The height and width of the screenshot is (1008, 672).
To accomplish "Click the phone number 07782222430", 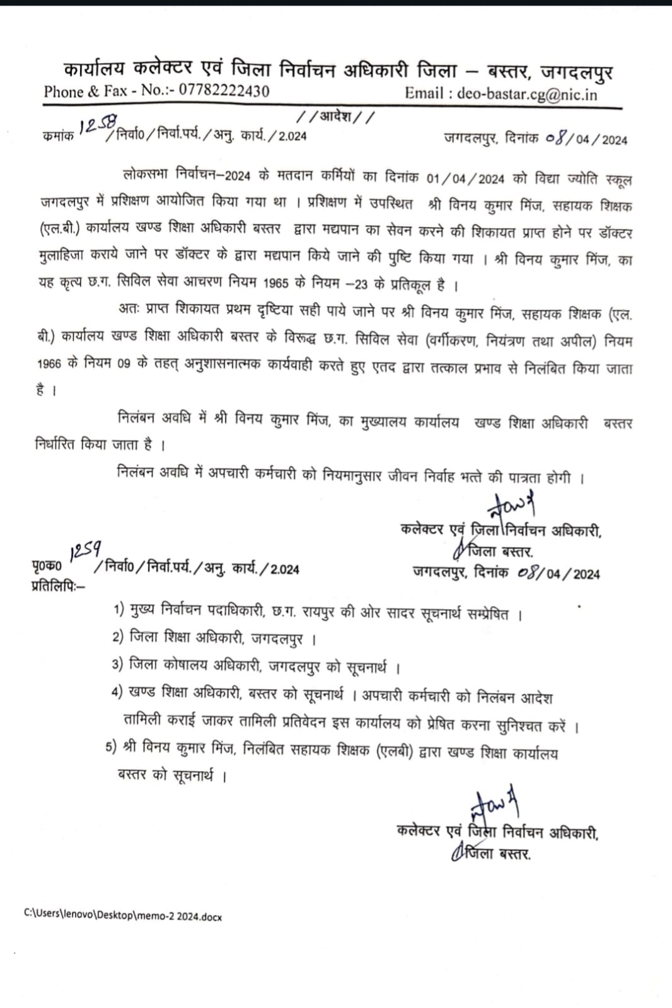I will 224,91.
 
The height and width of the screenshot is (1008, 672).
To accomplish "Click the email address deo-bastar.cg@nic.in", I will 527,95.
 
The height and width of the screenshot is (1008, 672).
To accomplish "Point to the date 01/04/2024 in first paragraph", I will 465,178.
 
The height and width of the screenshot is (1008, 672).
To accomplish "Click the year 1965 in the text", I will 275,283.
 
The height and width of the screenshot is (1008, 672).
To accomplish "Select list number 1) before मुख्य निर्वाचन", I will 119,610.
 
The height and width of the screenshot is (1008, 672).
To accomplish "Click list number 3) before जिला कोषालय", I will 117,664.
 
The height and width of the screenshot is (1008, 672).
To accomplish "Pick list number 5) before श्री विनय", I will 112,748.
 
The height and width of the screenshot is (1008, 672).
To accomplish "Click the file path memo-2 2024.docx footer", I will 123,916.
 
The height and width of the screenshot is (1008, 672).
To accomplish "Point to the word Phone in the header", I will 63,91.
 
